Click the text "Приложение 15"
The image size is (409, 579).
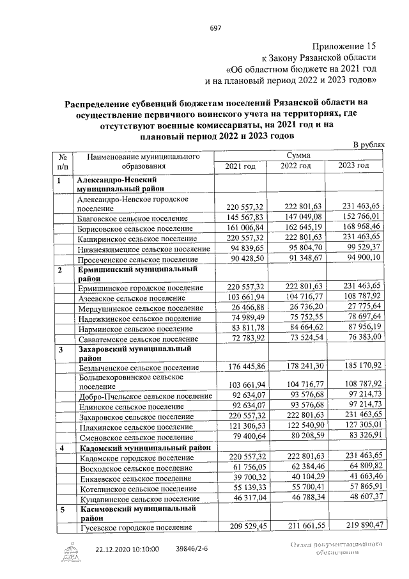(344, 46)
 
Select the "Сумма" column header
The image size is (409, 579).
(299, 155)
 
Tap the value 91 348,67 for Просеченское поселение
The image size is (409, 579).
(301, 260)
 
